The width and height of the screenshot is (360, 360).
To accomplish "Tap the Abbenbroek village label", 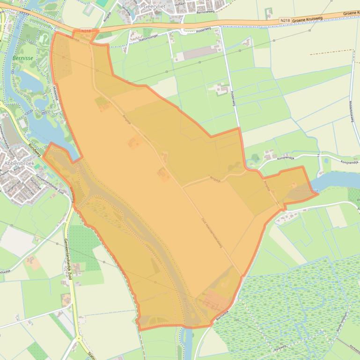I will (x=17, y=164).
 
